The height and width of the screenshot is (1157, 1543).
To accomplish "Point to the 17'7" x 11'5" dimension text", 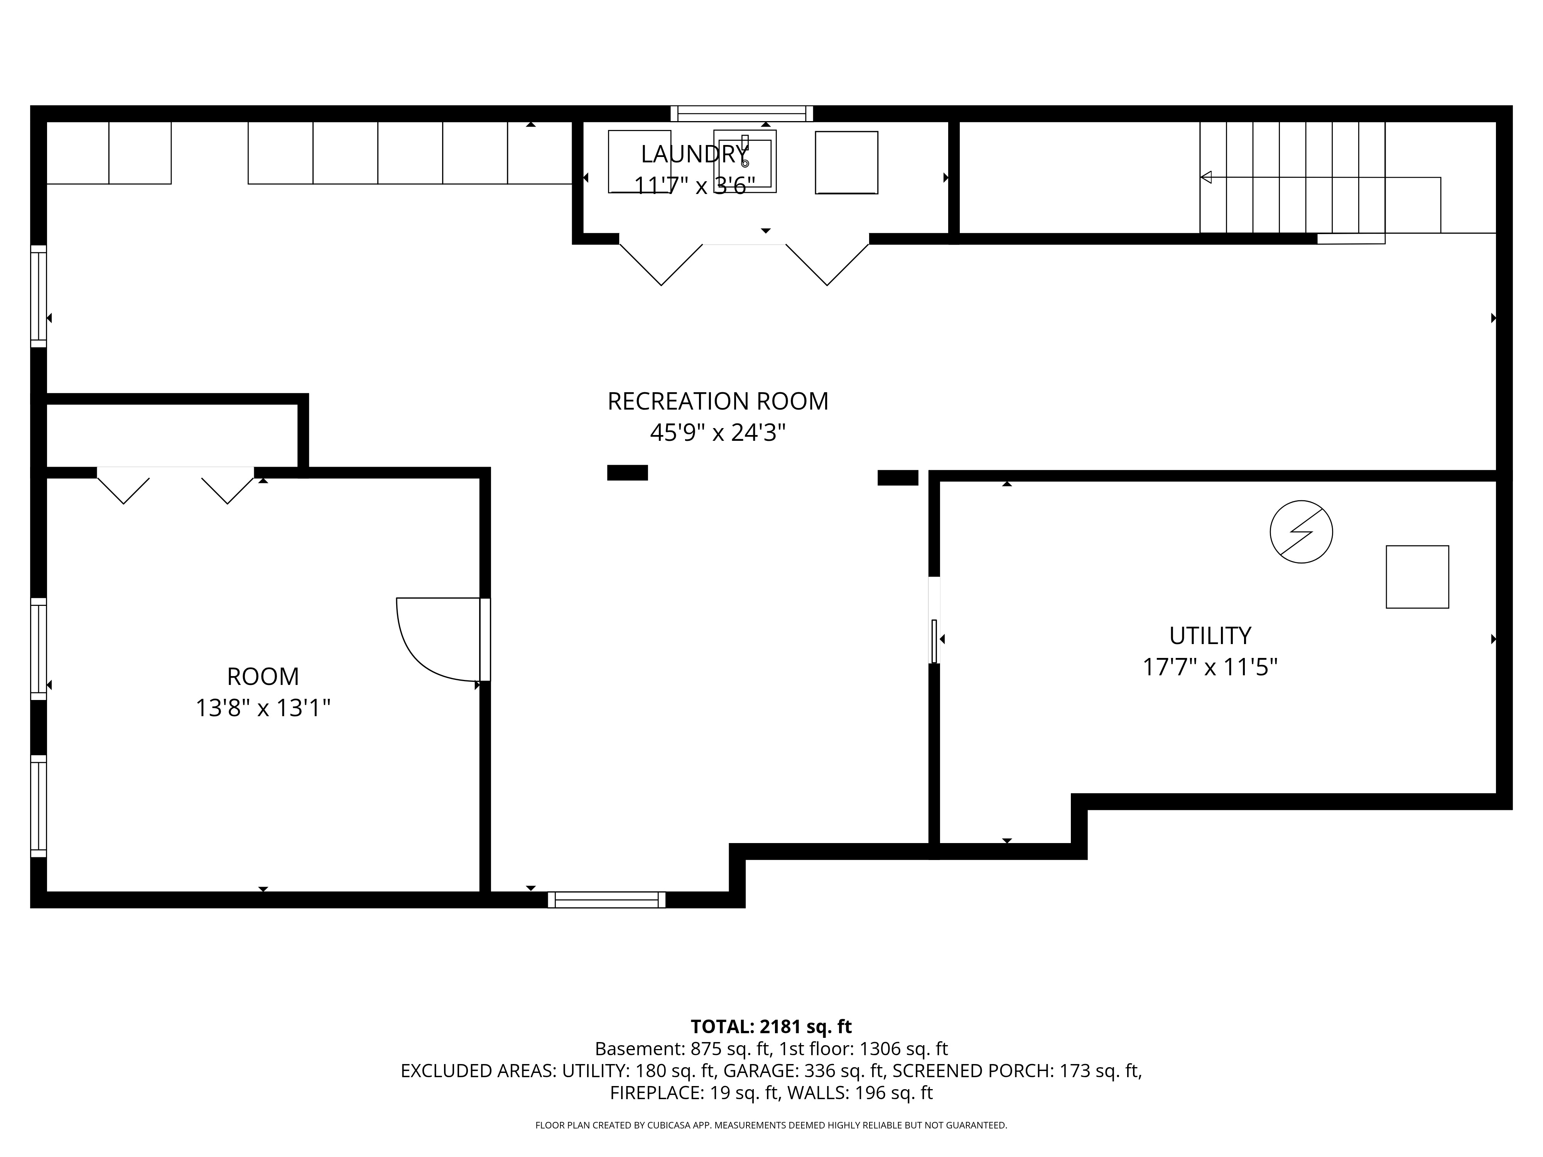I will pyautogui.click(x=1210, y=668).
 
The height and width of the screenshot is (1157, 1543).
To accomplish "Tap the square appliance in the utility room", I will pyautogui.click(x=1417, y=577).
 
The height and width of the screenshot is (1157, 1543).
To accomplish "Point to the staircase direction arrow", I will pyautogui.click(x=1205, y=177).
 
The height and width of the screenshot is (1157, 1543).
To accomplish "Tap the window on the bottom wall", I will pyautogui.click(x=606, y=900).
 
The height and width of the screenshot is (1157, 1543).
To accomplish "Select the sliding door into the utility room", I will pyautogui.click(x=934, y=640).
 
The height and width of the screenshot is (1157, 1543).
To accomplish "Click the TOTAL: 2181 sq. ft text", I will pyautogui.click(x=771, y=1027).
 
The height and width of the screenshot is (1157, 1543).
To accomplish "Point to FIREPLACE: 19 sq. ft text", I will pyautogui.click(x=693, y=1093).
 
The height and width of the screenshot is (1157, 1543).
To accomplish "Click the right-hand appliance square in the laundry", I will pyautogui.click(x=846, y=162).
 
